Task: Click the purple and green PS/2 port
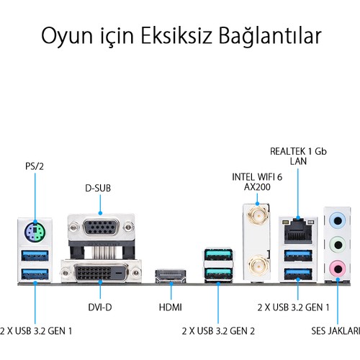[35, 233]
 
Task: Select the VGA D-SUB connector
[101, 227]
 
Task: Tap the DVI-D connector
[101, 272]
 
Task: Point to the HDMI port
[171, 276]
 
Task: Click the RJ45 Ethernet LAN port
[298, 230]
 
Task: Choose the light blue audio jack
[338, 220]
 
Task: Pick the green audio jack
[338, 245]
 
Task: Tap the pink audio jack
[338, 269]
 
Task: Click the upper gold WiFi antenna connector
[258, 215]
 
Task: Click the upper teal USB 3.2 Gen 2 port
[218, 255]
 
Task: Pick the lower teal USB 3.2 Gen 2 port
[218, 274]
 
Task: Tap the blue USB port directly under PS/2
[35, 256]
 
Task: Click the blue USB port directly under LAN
[298, 256]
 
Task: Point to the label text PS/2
[35, 166]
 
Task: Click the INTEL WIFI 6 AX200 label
[257, 182]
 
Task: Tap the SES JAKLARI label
[336, 331]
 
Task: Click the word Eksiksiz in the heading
[176, 36]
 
